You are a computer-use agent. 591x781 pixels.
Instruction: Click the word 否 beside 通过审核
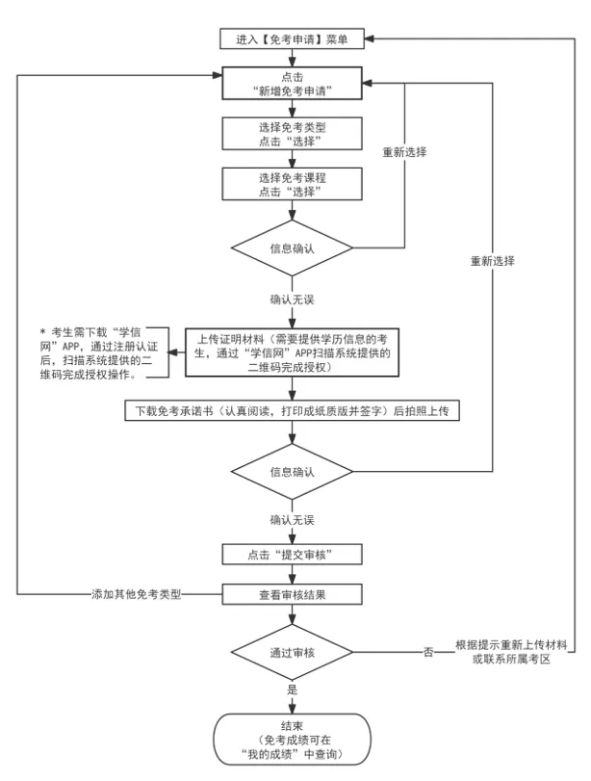(427, 652)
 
